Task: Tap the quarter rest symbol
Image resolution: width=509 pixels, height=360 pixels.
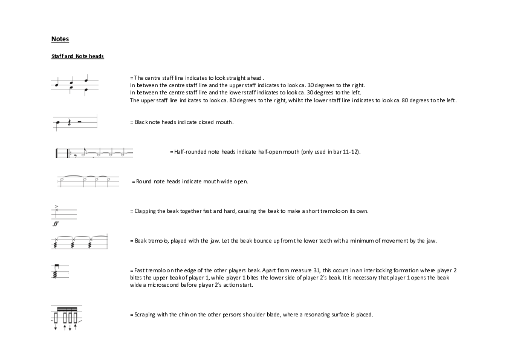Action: click(x=70, y=123)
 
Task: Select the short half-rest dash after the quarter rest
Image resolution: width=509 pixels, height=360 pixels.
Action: click(x=79, y=122)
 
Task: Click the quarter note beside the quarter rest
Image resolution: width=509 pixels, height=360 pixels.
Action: click(x=58, y=123)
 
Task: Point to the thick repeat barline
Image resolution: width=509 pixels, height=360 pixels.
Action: click(x=68, y=152)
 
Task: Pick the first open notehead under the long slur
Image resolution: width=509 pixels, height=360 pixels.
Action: click(x=62, y=180)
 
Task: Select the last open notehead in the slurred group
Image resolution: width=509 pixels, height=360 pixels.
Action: click(x=109, y=180)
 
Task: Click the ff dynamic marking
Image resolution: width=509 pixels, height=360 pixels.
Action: click(x=56, y=223)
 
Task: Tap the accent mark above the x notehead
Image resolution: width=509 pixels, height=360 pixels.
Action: click(x=56, y=206)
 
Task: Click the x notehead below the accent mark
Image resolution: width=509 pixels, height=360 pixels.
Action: click(x=56, y=211)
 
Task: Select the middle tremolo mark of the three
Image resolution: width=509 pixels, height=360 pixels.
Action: click(x=73, y=246)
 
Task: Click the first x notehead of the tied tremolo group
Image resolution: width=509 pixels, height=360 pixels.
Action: click(x=56, y=240)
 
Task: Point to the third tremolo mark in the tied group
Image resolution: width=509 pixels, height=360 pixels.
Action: click(x=90, y=246)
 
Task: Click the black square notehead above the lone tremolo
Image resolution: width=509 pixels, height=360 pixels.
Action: click(x=56, y=266)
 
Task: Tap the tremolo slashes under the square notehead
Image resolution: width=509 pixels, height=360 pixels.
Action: click(x=55, y=274)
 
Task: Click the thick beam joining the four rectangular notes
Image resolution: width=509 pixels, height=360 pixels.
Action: click(x=66, y=309)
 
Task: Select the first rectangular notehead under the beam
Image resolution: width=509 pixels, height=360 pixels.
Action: click(x=56, y=317)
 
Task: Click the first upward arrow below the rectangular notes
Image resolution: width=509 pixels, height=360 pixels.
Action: click(x=65, y=327)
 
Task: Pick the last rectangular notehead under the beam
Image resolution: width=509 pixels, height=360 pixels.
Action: click(x=75, y=317)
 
